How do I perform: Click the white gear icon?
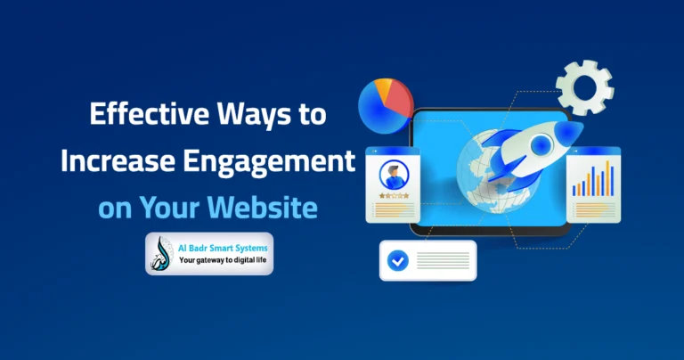pyautogui.click(x=584, y=87)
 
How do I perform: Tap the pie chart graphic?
pyautogui.click(x=385, y=106)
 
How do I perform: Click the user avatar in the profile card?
pyautogui.click(x=392, y=173)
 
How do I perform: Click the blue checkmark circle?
pyautogui.click(x=398, y=261)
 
